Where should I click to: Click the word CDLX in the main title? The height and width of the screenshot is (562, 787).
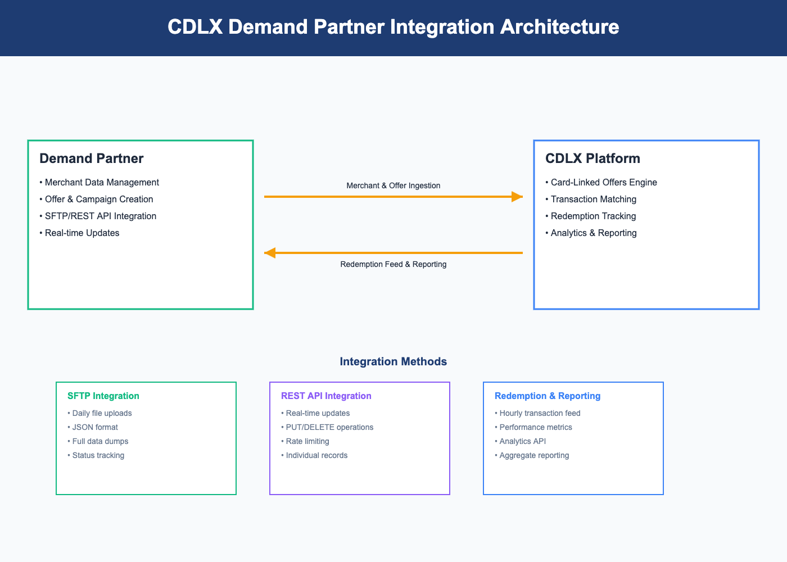click(x=195, y=27)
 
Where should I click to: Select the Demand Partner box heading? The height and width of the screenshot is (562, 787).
click(x=91, y=158)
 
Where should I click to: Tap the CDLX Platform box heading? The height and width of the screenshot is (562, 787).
click(x=592, y=158)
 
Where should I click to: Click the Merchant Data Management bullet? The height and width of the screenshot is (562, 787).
click(x=99, y=182)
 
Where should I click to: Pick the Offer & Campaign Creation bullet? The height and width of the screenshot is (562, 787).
click(x=96, y=199)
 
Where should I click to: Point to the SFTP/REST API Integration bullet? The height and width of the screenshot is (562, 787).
click(x=98, y=216)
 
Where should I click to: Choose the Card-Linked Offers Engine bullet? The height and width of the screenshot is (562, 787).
click(x=601, y=182)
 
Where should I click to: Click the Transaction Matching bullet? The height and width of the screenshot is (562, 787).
click(x=591, y=199)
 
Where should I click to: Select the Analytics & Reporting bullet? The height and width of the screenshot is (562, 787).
click(x=591, y=233)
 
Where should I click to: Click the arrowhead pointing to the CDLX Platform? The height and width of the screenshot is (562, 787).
click(x=517, y=197)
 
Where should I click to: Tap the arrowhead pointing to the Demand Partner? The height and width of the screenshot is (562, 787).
click(x=270, y=253)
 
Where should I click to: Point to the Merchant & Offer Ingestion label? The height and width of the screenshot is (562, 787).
click(x=393, y=185)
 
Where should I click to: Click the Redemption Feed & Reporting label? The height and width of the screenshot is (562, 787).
click(x=393, y=264)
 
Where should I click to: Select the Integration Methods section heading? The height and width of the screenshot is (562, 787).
click(x=393, y=361)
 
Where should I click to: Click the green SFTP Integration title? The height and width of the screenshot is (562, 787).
click(x=103, y=396)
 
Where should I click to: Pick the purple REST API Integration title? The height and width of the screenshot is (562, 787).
click(x=326, y=396)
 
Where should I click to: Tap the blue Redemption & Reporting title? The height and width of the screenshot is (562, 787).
click(x=548, y=396)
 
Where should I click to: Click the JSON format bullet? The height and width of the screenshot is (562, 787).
click(x=93, y=427)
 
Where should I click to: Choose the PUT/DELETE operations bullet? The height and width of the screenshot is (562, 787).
click(x=327, y=427)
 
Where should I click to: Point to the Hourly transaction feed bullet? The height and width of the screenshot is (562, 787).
click(x=537, y=413)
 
